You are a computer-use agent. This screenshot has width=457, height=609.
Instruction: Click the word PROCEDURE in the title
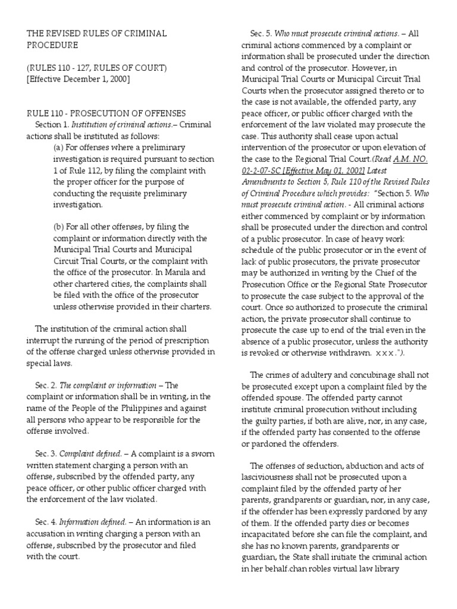(x=51, y=45)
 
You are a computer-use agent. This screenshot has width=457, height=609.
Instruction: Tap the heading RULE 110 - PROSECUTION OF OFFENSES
(x=106, y=113)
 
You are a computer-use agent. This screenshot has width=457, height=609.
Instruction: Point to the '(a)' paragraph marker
(x=58, y=147)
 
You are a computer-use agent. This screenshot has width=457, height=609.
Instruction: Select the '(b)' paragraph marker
(x=58, y=227)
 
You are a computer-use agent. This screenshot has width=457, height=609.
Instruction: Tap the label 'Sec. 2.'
(x=46, y=385)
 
